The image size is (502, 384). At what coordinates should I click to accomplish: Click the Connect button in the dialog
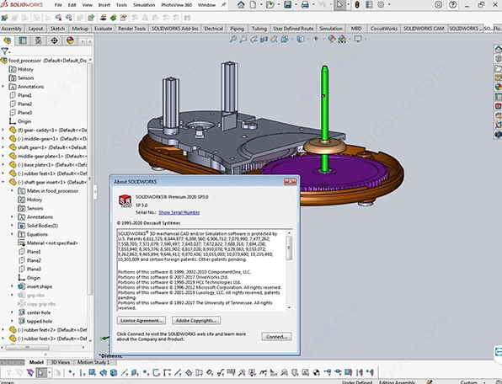276,335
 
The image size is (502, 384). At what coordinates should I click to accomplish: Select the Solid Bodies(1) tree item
42,226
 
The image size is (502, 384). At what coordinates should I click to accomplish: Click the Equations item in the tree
39,235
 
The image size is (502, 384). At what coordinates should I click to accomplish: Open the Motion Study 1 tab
97,363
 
